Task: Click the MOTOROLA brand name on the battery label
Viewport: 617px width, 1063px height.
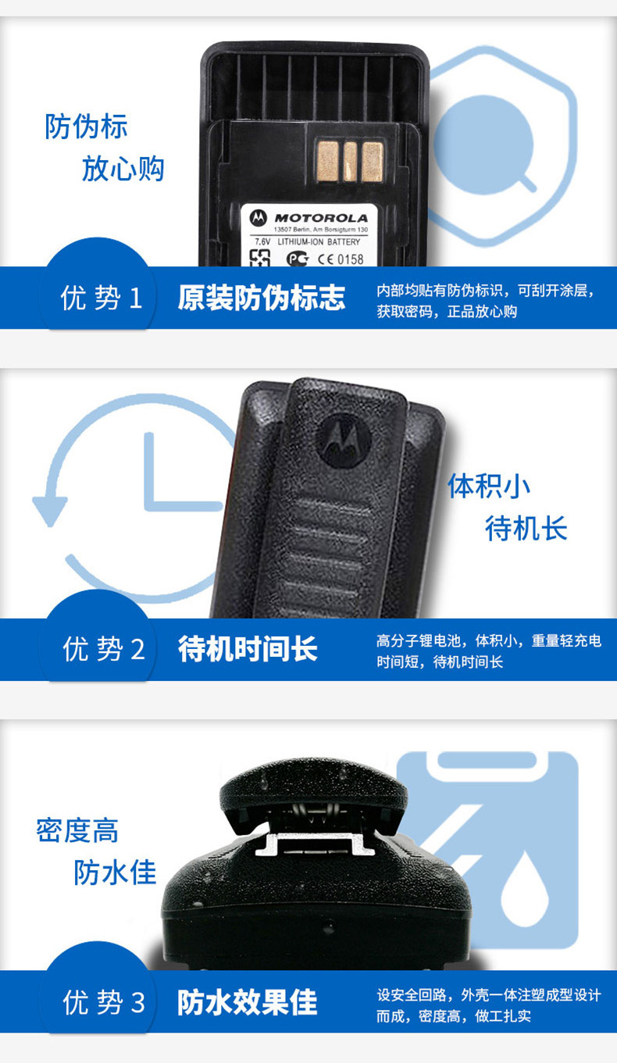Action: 321,218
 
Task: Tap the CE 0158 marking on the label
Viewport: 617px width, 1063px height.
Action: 341,259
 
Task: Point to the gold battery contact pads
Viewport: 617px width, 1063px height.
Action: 350,162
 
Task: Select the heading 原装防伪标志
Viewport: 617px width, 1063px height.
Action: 261,298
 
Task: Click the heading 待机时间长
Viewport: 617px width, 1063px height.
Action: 248,649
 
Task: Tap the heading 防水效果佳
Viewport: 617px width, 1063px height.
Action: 248,1001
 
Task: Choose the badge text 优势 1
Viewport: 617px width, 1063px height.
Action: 101,298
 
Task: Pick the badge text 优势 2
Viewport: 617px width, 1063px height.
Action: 103,649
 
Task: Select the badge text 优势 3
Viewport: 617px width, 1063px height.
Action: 103,1002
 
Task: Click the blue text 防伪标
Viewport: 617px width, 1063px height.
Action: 86,127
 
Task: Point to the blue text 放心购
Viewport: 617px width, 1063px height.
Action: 123,169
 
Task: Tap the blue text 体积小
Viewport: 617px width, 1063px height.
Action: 489,486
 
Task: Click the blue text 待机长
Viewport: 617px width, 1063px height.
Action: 526,528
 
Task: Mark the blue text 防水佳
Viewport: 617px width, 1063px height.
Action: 115,872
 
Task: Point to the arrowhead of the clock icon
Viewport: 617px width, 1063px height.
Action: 49,511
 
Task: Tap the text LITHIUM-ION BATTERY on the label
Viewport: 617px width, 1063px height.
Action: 319,241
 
